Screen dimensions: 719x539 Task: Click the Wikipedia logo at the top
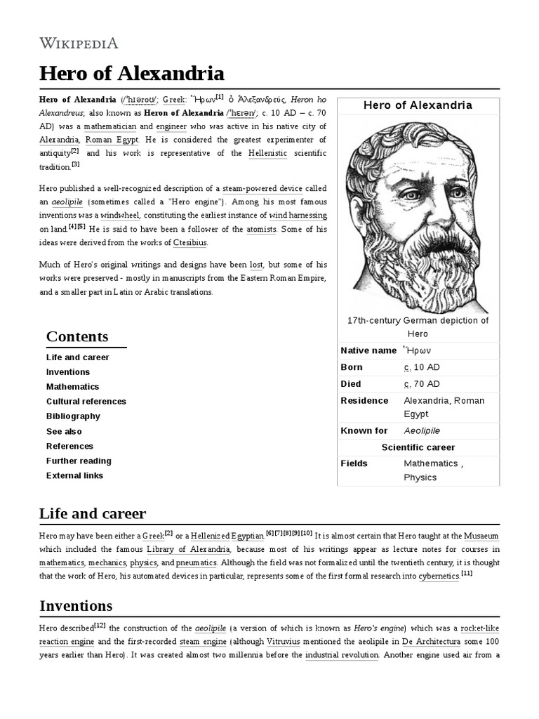79,44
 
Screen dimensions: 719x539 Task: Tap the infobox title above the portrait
418,105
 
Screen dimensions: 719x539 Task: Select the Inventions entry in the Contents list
68,372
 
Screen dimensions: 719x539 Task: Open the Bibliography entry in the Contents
73,416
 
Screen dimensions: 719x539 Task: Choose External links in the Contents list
74,475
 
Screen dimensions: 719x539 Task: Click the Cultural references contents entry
86,402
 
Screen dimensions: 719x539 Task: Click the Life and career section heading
93,513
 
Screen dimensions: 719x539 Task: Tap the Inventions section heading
76,605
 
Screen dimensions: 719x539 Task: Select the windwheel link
120,215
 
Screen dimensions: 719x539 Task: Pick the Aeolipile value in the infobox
422,430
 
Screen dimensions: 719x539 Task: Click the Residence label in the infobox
364,400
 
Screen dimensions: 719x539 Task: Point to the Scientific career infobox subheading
418,447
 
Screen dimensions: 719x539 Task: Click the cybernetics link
439,576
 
